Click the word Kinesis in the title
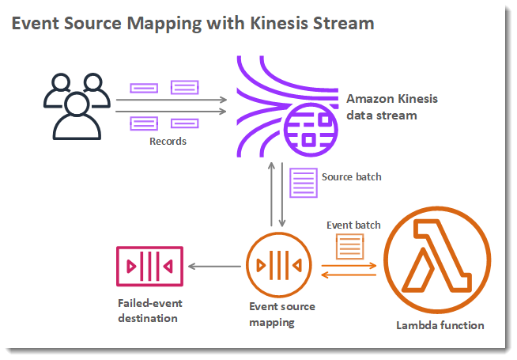278,23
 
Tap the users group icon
77,106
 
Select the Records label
168,141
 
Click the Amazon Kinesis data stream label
392,107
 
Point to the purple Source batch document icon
304,183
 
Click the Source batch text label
352,177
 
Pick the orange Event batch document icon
350,247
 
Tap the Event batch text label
353,225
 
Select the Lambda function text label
440,325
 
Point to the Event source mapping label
282,314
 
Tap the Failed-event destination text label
149,310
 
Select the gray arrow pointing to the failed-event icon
214,266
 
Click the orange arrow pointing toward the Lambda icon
349,265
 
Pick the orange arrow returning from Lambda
349,275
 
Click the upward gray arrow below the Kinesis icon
271,194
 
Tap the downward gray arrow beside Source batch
282,195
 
